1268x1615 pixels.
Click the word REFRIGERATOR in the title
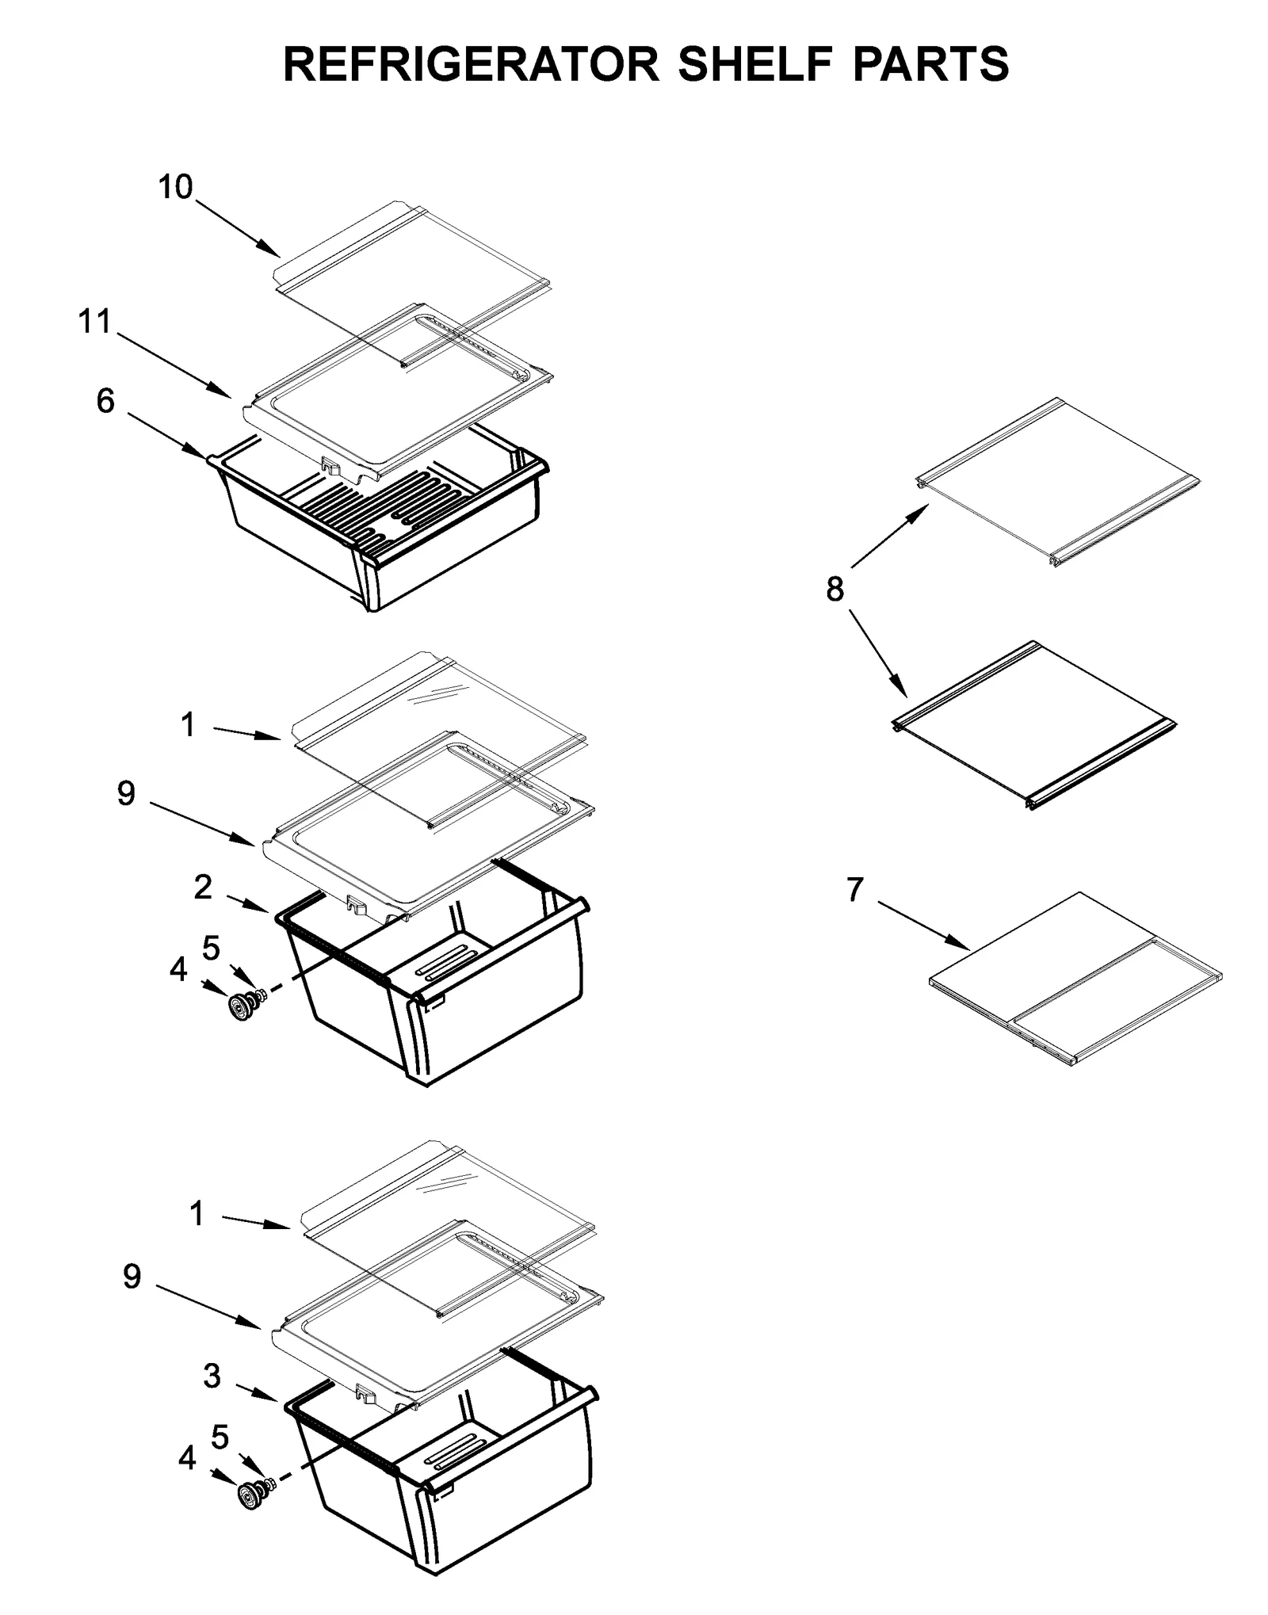click(x=471, y=64)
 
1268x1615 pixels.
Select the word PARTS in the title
click(x=930, y=64)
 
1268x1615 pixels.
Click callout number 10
click(x=175, y=188)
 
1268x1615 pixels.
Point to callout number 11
click(x=94, y=323)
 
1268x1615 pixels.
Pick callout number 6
click(x=105, y=402)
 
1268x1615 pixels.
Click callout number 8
click(x=835, y=589)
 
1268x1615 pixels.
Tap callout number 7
click(x=854, y=890)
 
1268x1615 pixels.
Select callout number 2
click(x=203, y=888)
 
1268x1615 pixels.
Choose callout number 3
click(x=212, y=1376)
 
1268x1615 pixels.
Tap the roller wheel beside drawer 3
click(x=248, y=1497)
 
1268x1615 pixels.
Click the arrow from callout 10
click(x=238, y=229)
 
